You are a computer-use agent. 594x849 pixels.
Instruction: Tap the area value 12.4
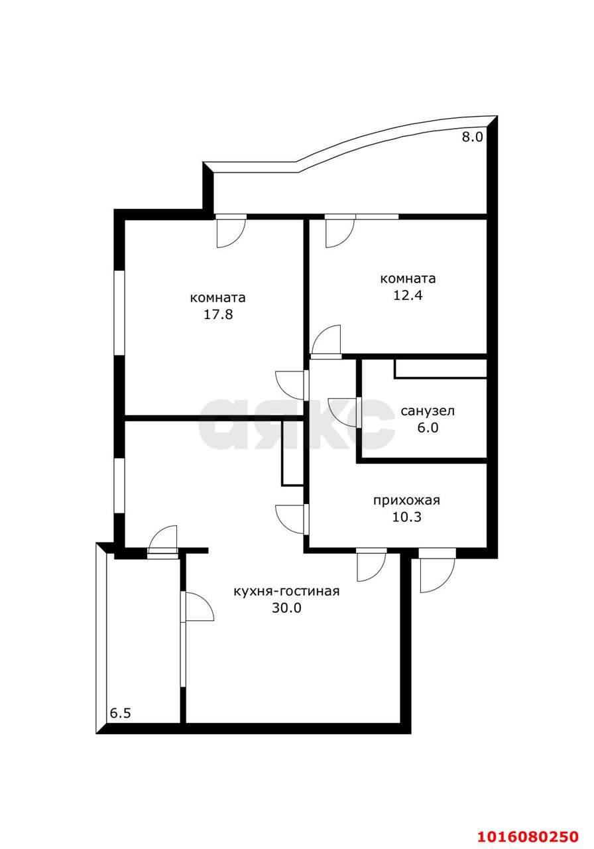(407, 295)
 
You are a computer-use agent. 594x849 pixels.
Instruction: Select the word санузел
(428, 411)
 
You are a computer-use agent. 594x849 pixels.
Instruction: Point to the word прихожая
(406, 501)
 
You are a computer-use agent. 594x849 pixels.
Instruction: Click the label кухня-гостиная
(286, 592)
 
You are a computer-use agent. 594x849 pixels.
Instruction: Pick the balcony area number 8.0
(473, 137)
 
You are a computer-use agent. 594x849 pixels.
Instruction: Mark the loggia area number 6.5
(120, 714)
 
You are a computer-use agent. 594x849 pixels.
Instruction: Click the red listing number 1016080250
(523, 835)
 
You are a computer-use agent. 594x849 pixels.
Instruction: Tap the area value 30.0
(286, 608)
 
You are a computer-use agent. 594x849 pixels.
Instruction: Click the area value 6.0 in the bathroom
(428, 428)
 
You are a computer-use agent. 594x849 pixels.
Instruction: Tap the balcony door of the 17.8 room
(231, 231)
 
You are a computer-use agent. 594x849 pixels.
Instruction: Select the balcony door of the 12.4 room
(339, 231)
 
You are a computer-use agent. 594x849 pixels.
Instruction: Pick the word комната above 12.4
(407, 279)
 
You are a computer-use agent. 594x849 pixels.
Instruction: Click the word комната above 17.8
(218, 298)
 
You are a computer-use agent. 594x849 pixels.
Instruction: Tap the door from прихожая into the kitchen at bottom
(371, 564)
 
